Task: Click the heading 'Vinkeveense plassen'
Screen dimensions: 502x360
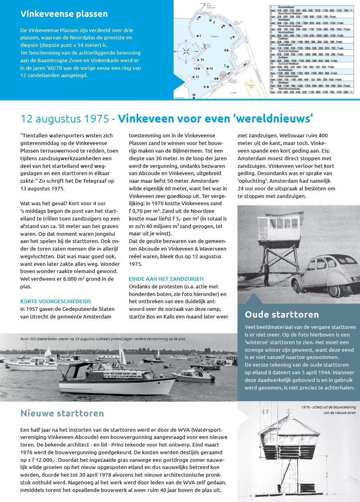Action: click(x=64, y=14)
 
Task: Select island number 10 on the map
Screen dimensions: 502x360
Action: click(x=194, y=95)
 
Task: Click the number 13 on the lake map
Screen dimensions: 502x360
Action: click(x=202, y=59)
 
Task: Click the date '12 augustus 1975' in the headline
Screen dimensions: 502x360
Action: click(x=64, y=119)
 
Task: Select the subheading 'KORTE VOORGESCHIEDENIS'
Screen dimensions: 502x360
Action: click(x=55, y=301)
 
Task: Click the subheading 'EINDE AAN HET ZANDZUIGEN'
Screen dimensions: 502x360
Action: click(x=166, y=279)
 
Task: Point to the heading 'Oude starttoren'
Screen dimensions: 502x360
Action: click(x=282, y=314)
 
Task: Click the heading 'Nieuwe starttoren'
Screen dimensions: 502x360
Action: click(x=62, y=413)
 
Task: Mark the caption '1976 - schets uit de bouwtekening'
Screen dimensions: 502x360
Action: click(x=328, y=407)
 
